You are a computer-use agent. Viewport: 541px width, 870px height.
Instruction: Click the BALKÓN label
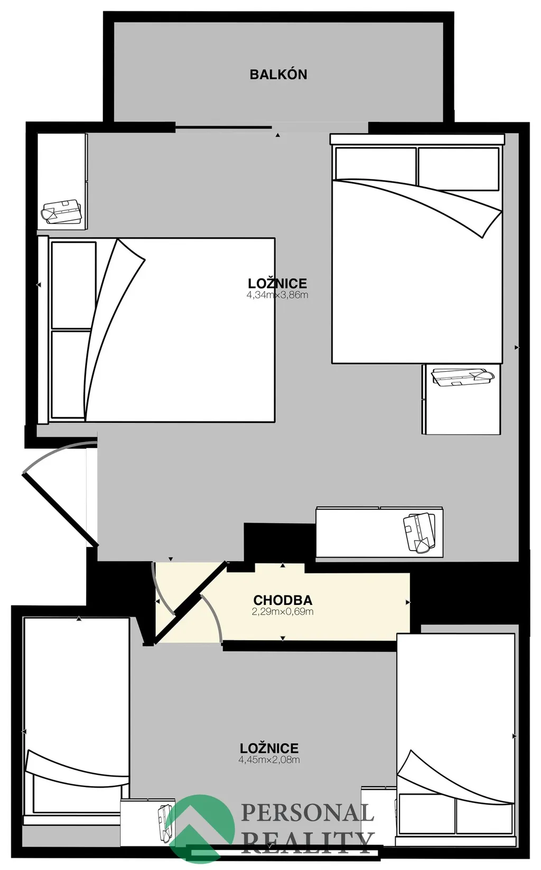278,74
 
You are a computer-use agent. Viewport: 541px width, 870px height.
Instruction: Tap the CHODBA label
283,600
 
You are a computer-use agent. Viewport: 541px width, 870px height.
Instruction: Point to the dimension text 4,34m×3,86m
277,295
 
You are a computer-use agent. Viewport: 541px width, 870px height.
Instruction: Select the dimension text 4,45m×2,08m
269,760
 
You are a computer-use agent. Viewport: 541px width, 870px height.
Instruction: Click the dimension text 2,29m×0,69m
283,612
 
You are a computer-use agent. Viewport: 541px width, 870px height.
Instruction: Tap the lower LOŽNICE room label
269,748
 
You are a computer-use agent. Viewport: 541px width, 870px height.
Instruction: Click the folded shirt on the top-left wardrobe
61,212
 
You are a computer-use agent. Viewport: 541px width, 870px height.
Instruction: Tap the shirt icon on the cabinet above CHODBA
419,533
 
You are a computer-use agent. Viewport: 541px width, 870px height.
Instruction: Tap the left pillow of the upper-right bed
376,168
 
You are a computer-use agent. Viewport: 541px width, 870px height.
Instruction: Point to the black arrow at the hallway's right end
408,602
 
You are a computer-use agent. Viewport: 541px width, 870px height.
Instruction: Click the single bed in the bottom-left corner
76,729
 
